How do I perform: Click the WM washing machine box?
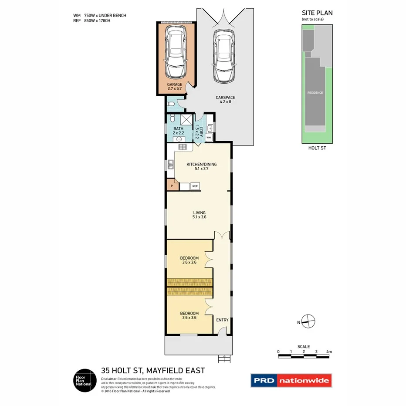(209, 138)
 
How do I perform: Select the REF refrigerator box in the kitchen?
(195, 186)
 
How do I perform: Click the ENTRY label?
(222, 320)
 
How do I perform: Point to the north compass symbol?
(308, 322)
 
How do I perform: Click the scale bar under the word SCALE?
(304, 356)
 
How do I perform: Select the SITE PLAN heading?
(317, 13)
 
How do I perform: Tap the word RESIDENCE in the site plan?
(315, 93)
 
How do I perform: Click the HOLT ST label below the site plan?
(316, 148)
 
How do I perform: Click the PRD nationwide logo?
(291, 380)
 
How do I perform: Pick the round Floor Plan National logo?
(84, 380)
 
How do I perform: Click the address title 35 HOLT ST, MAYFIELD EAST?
(152, 371)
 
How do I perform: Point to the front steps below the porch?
(224, 359)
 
